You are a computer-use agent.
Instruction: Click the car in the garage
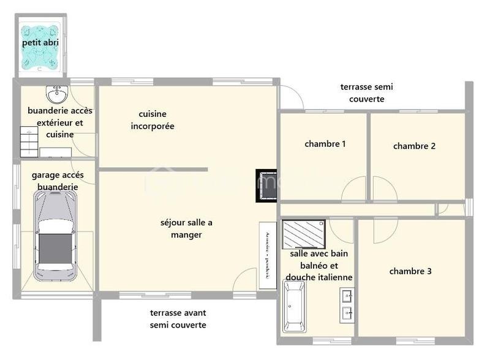(x=55, y=236)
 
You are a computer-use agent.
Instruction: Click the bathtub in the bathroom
(x=294, y=306)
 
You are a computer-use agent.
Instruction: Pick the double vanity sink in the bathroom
(x=347, y=306)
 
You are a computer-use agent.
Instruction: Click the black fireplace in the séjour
(x=267, y=186)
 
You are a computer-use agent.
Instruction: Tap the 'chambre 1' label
(x=325, y=144)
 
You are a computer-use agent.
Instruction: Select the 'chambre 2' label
(x=414, y=146)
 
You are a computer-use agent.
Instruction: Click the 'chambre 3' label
(x=410, y=271)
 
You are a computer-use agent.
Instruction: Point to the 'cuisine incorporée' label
(x=153, y=120)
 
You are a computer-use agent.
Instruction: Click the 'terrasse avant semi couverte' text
(x=178, y=318)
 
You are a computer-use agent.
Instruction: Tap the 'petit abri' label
(x=40, y=43)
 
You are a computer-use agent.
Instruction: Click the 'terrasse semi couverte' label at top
(x=366, y=92)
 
